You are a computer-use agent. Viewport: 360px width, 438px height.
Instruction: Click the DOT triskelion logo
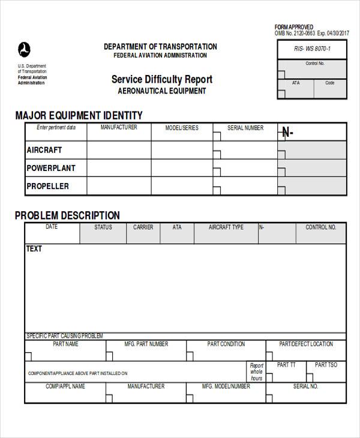click(x=24, y=49)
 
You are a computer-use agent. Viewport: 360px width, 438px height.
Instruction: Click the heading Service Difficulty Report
click(x=162, y=79)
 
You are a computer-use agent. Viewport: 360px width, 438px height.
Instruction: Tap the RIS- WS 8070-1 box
click(x=312, y=49)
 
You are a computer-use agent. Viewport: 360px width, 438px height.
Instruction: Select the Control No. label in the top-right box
click(x=315, y=64)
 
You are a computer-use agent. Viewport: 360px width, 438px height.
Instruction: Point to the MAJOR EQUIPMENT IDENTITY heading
click(x=79, y=115)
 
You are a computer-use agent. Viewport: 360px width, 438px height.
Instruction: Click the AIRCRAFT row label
click(x=44, y=150)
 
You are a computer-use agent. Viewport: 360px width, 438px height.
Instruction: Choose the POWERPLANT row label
click(x=51, y=168)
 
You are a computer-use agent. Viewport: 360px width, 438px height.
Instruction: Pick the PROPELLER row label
click(x=48, y=186)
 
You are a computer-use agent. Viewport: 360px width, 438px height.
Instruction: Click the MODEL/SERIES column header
click(x=182, y=128)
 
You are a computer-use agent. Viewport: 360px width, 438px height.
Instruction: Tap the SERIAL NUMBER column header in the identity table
click(x=245, y=128)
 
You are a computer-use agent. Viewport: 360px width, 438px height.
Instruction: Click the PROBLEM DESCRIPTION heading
click(x=67, y=215)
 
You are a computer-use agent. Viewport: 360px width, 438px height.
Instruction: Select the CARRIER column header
click(x=143, y=227)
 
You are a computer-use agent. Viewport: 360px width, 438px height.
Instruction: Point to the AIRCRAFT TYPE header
click(x=226, y=227)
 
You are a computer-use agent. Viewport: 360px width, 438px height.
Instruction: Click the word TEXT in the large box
click(x=34, y=248)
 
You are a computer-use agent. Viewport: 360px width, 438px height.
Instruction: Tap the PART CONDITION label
click(x=226, y=344)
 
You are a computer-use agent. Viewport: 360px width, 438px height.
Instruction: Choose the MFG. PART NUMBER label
click(x=146, y=344)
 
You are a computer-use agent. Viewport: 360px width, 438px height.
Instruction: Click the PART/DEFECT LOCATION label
click(x=306, y=344)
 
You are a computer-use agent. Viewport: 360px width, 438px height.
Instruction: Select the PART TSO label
click(x=326, y=365)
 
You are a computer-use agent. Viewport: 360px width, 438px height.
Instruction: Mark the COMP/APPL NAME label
click(x=65, y=386)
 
